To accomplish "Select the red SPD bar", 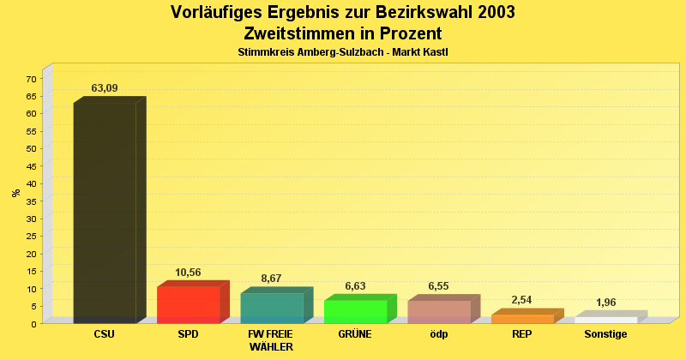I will (189, 305).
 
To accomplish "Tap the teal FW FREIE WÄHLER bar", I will (272, 309).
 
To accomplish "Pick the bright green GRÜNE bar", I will (355, 312).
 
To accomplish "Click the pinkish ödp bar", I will (439, 312).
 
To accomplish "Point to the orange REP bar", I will (522, 319).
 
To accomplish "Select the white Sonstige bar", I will (605, 320).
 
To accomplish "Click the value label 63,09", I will (105, 88).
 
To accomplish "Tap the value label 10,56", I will (188, 273).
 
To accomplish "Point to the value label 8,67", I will (272, 279).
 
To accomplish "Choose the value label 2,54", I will (522, 300).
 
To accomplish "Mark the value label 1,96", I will (605, 303).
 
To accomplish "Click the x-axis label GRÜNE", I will (355, 334).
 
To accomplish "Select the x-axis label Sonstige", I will (605, 334).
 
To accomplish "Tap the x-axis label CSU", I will (105, 334).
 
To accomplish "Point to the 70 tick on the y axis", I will (31, 79).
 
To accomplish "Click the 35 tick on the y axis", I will (31, 201).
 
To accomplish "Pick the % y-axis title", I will (15, 193).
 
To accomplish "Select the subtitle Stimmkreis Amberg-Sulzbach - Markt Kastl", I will (343, 52).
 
